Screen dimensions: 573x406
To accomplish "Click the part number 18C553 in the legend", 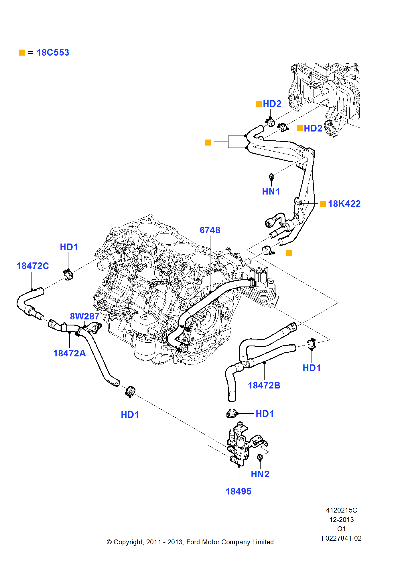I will point(53,53).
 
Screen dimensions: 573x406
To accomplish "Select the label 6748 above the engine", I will point(210,230).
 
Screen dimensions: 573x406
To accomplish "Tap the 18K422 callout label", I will point(344,204).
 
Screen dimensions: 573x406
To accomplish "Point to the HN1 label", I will point(271,191).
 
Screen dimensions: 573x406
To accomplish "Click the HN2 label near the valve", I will point(260,474).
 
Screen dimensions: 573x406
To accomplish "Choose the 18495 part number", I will point(238,491).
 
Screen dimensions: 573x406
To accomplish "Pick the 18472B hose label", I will point(264,385).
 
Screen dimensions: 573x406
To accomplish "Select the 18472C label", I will point(33,266).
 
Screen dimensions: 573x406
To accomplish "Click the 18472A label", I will point(69,353).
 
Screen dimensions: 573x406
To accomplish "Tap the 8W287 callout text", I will point(84,316).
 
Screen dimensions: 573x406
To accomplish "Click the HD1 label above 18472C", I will point(69,247).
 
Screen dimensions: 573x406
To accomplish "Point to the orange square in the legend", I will point(22,53).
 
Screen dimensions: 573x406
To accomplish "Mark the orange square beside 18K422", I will point(323,204).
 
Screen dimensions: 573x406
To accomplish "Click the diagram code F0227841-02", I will point(341,538).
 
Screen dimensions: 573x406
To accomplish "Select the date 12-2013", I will point(341,520).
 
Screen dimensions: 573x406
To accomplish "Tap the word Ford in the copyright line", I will point(193,542).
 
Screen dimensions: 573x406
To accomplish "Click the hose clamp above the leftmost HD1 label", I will point(68,275).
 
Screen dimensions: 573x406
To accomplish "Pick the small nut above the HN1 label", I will point(271,176).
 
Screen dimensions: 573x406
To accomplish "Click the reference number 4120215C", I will point(341,510).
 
